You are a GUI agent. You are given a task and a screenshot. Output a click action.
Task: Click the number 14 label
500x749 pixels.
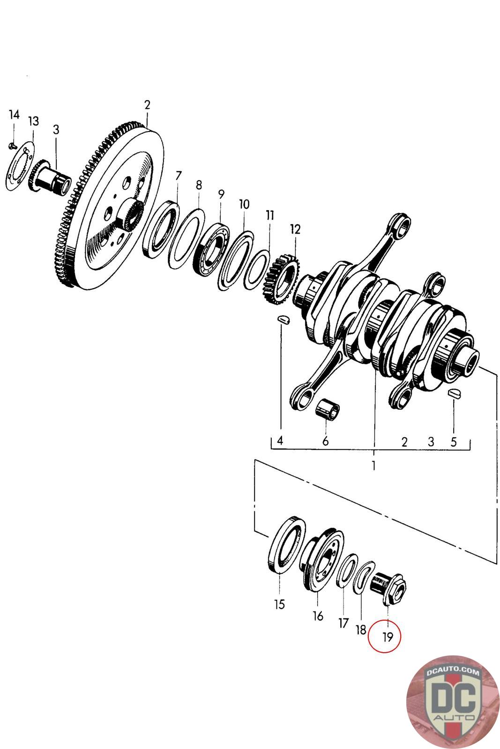[14, 114]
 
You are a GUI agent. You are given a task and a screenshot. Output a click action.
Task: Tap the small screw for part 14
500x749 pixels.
[12, 146]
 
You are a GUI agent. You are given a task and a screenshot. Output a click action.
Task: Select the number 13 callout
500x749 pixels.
[33, 121]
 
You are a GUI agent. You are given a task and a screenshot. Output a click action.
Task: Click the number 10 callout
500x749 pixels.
[244, 204]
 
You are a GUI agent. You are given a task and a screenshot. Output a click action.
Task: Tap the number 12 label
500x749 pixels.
[295, 229]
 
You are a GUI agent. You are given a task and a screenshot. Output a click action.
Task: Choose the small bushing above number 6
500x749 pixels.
[327, 408]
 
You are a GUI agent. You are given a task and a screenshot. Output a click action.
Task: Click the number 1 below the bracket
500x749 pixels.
[373, 466]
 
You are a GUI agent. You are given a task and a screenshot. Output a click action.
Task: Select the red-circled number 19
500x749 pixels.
[388, 636]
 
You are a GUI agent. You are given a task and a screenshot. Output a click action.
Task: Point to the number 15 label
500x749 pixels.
[279, 604]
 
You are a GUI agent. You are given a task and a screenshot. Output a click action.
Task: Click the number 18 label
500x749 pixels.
[361, 630]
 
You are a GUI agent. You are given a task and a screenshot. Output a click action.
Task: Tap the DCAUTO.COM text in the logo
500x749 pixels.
[453, 673]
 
